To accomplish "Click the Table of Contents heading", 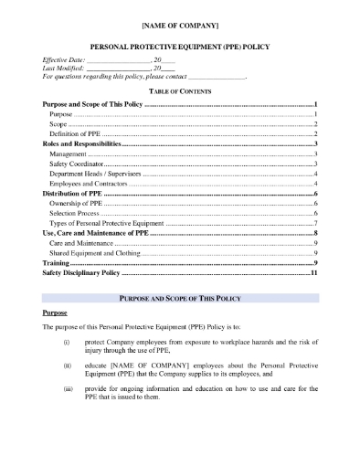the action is point(179,93).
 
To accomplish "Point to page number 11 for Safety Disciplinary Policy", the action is point(313,272).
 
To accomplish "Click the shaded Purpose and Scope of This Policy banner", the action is point(179,299).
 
